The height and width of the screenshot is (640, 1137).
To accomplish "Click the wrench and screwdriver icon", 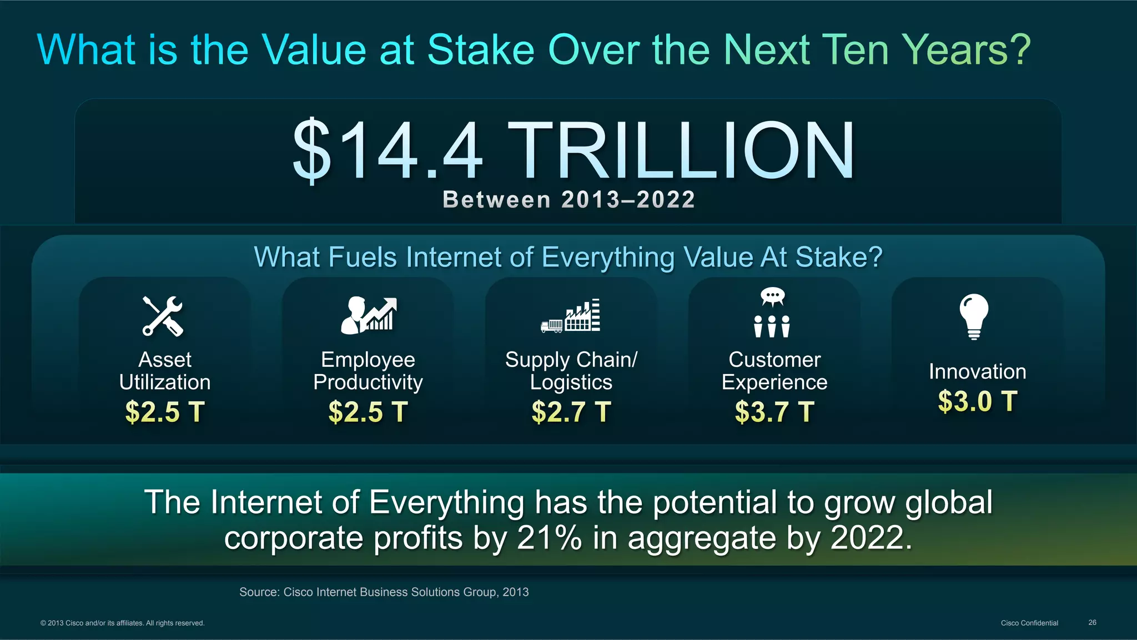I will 163,316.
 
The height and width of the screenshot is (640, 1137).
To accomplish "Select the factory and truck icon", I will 571,316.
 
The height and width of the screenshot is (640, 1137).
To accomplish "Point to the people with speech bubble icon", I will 772,313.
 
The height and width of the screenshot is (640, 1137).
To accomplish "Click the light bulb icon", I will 974,316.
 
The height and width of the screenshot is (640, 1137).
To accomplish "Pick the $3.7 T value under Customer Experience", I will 774,412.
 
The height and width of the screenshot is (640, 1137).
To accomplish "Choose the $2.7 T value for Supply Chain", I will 571,412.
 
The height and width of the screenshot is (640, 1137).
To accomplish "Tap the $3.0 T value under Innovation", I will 977,401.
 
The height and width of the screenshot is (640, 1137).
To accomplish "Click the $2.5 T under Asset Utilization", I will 165,412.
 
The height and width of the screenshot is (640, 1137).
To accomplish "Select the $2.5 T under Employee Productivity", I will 368,412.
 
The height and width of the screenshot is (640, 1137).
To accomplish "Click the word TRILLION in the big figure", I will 681,151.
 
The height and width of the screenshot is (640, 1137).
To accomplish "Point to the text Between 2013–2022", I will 568,200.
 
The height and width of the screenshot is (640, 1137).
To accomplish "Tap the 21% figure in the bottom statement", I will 549,538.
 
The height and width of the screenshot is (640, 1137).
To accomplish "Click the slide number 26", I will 1092,623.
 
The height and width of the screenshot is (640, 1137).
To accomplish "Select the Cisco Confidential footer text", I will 1029,623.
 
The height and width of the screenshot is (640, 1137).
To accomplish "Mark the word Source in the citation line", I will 259,592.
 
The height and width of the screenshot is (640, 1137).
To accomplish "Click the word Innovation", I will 977,372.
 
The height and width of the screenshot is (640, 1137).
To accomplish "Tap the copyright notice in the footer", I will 122,623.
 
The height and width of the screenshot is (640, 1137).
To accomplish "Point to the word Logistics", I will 571,382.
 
